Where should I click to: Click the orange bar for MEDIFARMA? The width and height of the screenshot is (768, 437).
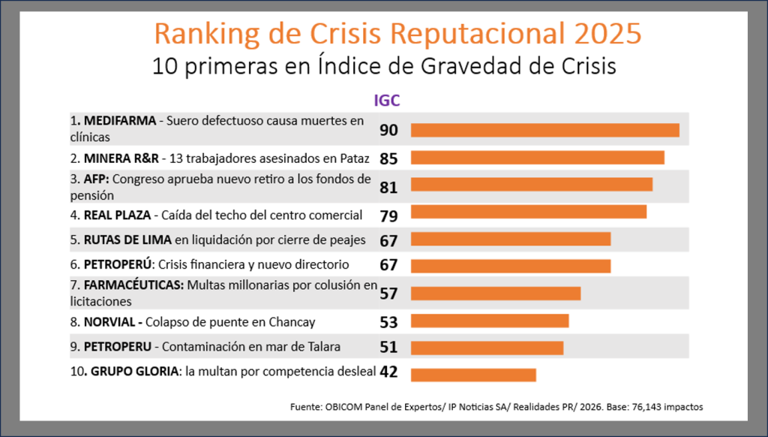coord(544,130)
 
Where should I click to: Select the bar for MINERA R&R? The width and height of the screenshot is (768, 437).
coord(537,158)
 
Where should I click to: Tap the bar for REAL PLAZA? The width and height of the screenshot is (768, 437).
coord(528,212)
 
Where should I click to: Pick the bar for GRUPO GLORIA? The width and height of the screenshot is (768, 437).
coord(473,375)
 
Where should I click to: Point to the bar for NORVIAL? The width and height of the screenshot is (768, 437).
coord(490,321)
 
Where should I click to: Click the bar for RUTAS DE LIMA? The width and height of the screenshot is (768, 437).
coord(511,239)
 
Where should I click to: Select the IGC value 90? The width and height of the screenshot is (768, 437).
coord(388,130)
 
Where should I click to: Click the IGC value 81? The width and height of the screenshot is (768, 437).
coord(388,187)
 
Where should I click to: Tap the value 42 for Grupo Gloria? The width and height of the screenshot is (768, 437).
coord(388,372)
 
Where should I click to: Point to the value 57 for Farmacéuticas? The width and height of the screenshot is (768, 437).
coord(388,294)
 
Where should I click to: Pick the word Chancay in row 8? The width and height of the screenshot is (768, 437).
coord(291,322)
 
